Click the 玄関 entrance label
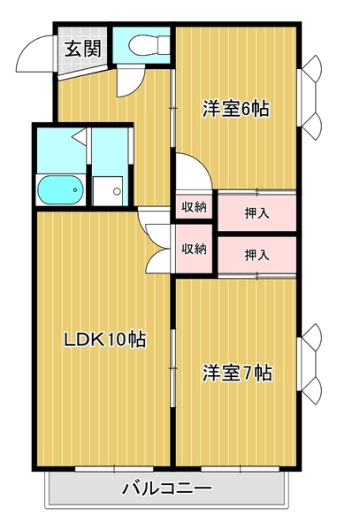point(83,49)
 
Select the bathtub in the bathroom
point(60,189)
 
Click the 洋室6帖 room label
point(236,109)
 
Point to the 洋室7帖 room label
point(237,373)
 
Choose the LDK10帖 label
point(105,339)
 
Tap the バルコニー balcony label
point(167,488)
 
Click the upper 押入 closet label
point(257,213)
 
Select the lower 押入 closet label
point(257,255)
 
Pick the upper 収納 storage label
point(194,206)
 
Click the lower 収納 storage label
point(194,249)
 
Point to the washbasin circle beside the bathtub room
point(117,191)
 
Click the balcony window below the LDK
point(114,469)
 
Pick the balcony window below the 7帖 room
point(241,469)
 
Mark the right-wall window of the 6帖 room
point(310,97)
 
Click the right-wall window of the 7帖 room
point(310,364)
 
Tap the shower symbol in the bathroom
point(79,136)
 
